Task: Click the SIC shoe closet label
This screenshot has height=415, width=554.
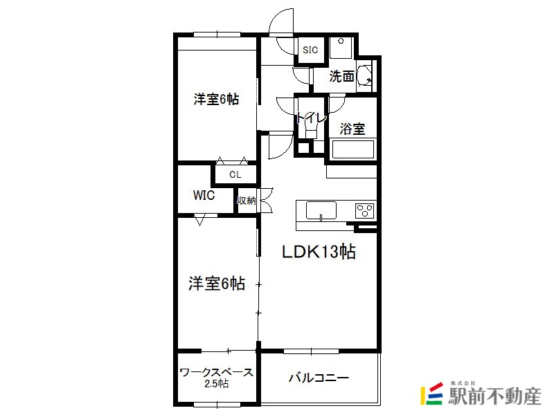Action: pos(310,50)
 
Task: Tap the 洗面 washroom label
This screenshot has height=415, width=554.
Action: pos(341,76)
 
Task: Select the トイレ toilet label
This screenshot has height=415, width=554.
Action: pos(311,118)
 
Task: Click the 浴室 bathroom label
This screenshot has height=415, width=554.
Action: pos(352,129)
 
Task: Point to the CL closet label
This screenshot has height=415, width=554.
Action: pos(235,174)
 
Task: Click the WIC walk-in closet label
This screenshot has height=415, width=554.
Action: pos(204,195)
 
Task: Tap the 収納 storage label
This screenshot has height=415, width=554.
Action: pos(247,201)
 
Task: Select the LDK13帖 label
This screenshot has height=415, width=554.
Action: pos(319,252)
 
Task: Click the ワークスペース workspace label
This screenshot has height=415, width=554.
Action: pos(217,372)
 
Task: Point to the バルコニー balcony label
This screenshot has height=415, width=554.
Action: pos(319,378)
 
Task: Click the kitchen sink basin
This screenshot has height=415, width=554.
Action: pos(321,211)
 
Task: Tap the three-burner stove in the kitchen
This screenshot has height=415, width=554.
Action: pos(365,211)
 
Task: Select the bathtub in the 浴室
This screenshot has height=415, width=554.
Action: pos(353,149)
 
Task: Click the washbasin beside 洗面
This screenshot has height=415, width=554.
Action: pos(364,75)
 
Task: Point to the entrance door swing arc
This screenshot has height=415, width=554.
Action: pos(278,19)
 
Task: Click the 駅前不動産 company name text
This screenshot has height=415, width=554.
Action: pos(495,396)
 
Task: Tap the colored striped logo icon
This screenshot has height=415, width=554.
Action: pos(431,393)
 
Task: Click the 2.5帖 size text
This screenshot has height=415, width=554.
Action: pos(217,383)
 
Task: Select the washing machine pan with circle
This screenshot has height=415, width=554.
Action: pos(341,48)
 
